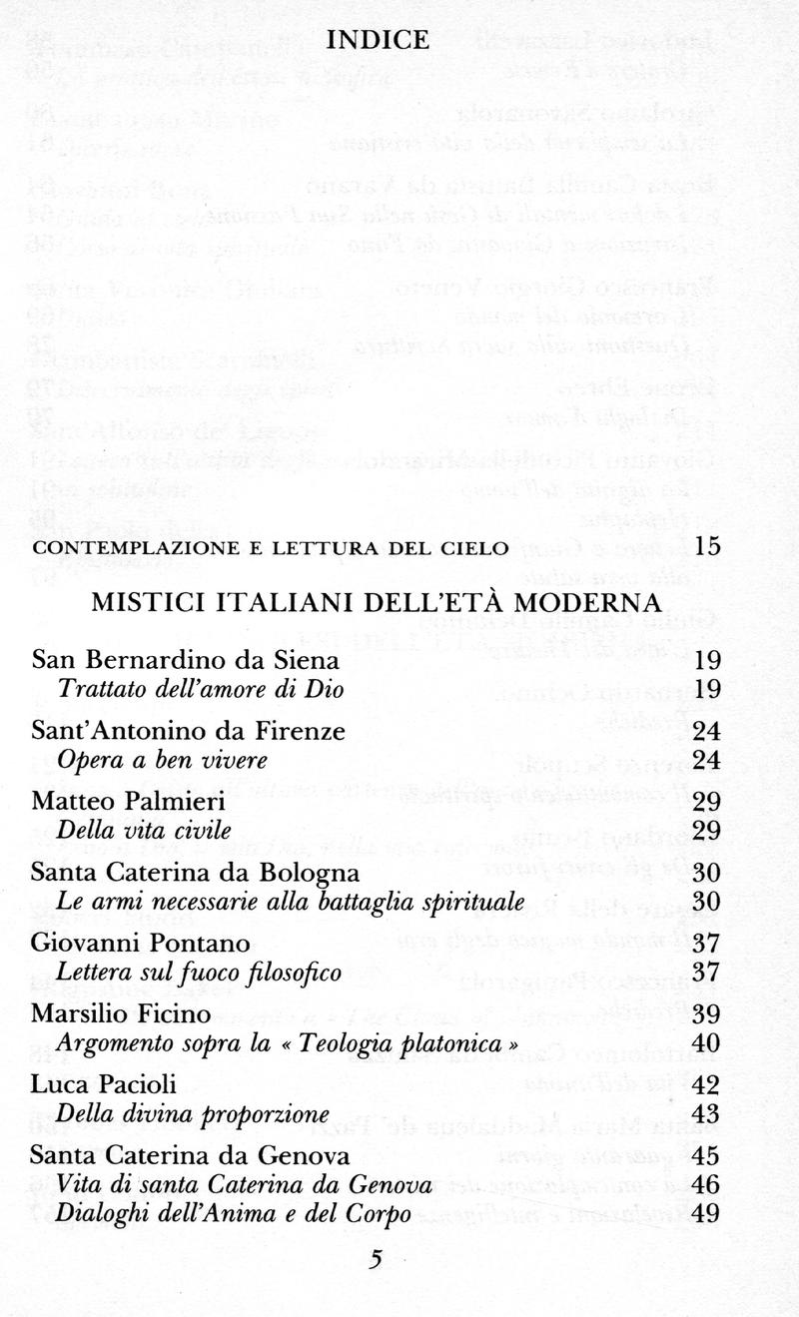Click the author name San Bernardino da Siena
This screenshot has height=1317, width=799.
(186, 661)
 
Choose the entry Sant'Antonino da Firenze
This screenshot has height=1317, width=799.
(189, 732)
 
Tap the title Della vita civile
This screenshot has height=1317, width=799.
(145, 830)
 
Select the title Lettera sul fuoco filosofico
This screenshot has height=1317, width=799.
(200, 972)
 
